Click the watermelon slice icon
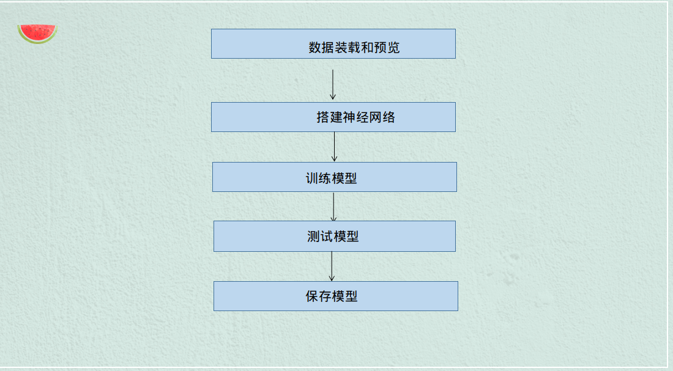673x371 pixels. (37, 33)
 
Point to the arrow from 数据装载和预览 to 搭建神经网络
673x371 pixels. (333, 84)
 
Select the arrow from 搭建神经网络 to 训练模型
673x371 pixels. (334, 147)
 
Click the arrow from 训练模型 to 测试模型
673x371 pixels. (333, 207)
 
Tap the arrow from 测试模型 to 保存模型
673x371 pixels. (332, 266)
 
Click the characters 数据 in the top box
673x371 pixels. (321, 48)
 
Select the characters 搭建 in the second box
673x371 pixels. (329, 117)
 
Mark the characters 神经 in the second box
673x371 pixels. (355, 117)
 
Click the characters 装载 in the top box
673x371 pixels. (347, 48)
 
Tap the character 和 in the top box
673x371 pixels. (366, 48)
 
